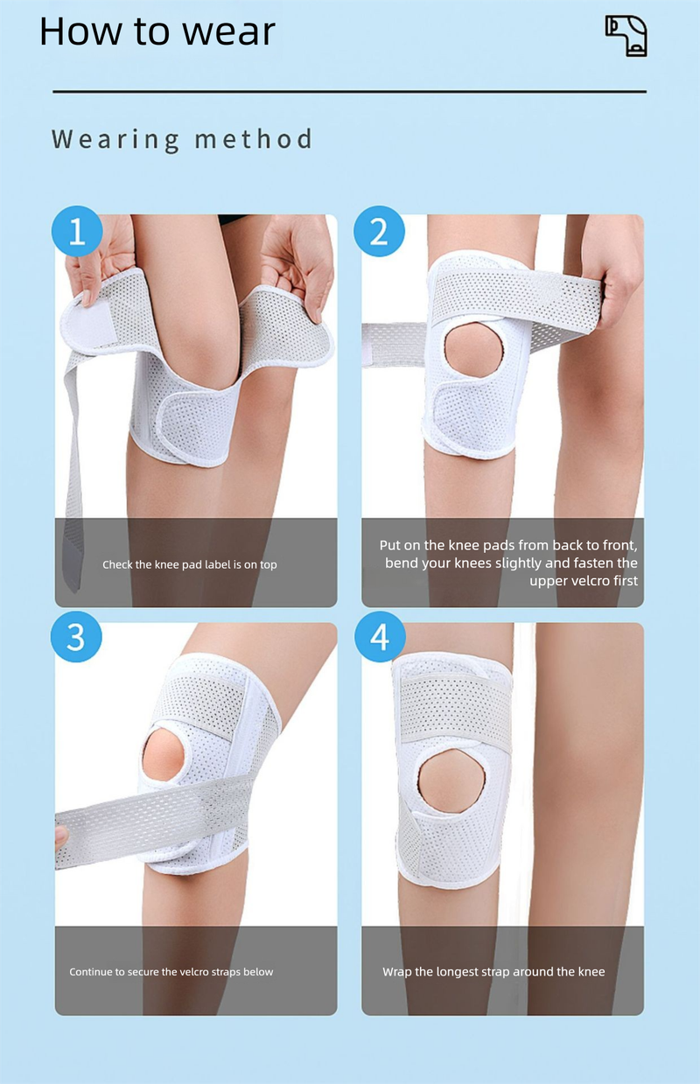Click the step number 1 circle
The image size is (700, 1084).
coord(77,232)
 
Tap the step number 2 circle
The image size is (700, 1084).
coord(379,232)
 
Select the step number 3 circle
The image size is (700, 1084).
coord(76,637)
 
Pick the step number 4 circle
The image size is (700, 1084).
coord(380,637)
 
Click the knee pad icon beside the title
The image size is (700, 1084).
coord(626,36)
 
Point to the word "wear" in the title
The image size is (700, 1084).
coord(228,32)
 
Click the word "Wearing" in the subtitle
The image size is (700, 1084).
coord(115,139)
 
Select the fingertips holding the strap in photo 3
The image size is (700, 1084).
coord(60,836)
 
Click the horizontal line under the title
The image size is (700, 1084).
coord(349,91)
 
